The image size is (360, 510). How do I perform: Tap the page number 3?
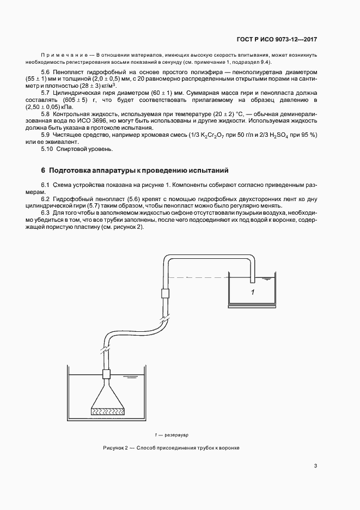point(316,466)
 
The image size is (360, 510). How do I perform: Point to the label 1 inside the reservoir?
point(253,293)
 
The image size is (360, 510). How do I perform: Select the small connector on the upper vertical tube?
point(166,293)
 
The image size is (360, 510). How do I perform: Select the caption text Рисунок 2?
point(117,448)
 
